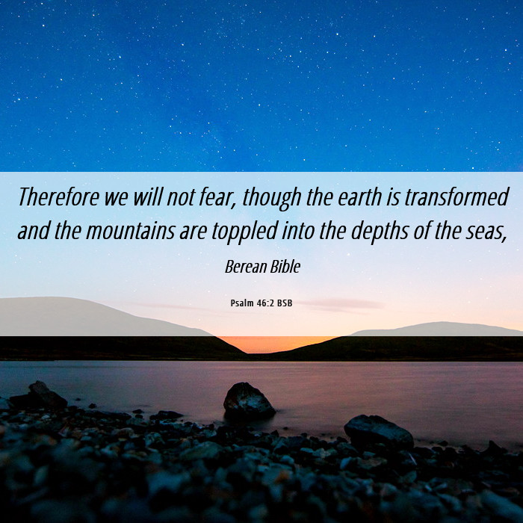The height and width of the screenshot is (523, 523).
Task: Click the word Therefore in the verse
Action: click(x=59, y=196)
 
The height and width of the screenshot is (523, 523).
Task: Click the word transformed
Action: click(x=457, y=196)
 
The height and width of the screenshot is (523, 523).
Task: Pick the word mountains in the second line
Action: click(x=131, y=231)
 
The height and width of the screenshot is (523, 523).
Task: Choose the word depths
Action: click(x=380, y=232)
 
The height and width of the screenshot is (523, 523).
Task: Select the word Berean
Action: click(x=246, y=267)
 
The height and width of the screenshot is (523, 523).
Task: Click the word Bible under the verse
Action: click(x=285, y=267)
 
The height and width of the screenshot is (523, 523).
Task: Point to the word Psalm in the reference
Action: click(x=242, y=303)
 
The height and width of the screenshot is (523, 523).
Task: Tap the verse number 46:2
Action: click(x=265, y=303)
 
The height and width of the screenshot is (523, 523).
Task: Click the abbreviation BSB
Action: click(x=285, y=303)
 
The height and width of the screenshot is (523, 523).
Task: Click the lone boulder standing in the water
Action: click(x=249, y=400)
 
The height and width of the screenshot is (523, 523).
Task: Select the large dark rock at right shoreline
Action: click(x=379, y=432)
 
